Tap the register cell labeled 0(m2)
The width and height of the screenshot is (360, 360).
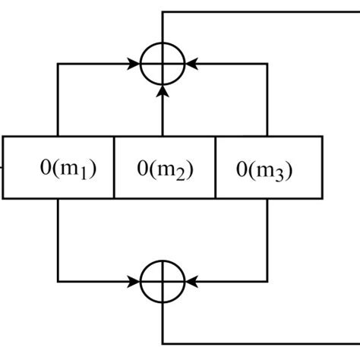tap(165, 168)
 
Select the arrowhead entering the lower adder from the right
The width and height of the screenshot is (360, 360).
tap(191, 281)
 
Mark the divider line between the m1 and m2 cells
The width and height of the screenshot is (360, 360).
tap(114, 168)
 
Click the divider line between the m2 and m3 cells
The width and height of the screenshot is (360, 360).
tap(216, 168)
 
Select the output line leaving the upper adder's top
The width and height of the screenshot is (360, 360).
tap(163, 27)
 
